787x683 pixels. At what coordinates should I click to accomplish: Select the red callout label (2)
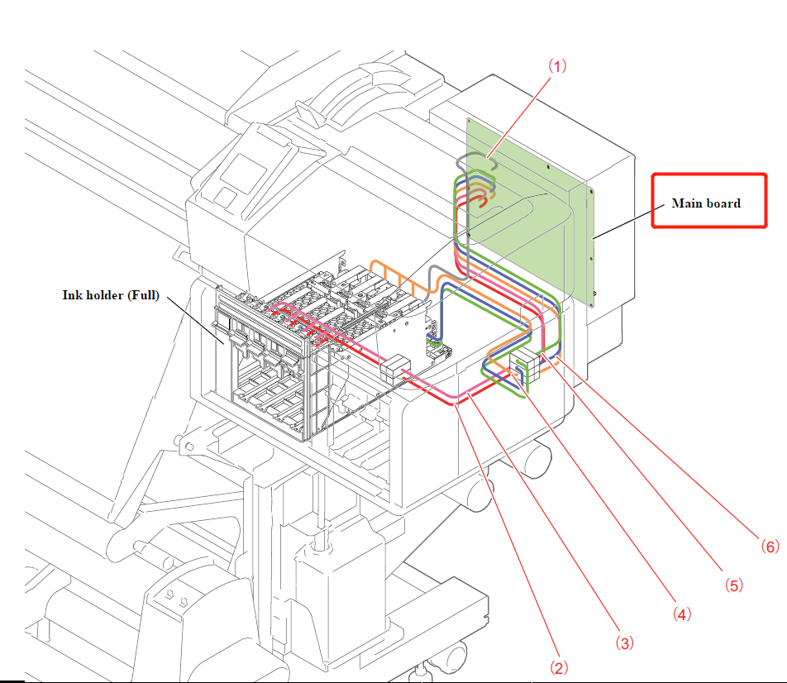559,666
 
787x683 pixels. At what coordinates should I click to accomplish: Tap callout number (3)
625,642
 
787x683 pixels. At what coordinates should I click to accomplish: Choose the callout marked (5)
734,585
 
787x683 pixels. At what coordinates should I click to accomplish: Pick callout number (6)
768,547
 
